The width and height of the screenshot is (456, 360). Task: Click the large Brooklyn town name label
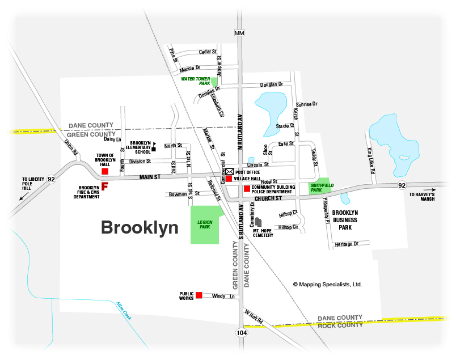(140, 228)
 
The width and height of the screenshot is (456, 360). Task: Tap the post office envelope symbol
(230, 171)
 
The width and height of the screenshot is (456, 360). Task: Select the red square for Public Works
(199, 295)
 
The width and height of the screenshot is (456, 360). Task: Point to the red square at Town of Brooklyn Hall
(104, 171)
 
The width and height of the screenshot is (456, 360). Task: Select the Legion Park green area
(204, 225)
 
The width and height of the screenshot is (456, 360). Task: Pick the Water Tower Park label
(196, 81)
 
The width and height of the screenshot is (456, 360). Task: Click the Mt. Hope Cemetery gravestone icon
(258, 222)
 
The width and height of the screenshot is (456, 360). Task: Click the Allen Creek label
(124, 311)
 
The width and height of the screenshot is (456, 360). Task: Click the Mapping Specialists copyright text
(327, 285)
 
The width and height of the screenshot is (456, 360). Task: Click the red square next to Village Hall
(229, 179)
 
